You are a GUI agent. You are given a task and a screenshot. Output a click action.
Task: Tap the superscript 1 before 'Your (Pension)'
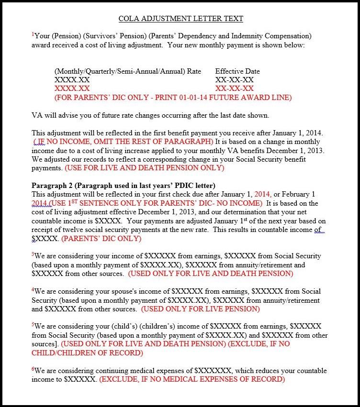(x=33, y=35)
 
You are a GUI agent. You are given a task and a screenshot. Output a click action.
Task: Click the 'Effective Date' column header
(x=237, y=71)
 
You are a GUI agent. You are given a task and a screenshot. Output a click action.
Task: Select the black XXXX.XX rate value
(x=72, y=80)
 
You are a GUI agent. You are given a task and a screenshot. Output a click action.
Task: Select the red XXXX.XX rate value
(x=72, y=88)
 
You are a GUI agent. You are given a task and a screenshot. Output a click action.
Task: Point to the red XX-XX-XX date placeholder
(x=235, y=88)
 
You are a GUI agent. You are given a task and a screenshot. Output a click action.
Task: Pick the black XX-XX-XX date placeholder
(x=235, y=80)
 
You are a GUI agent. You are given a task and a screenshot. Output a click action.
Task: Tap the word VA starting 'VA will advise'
(x=37, y=115)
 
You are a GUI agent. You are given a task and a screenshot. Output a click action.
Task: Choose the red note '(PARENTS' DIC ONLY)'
(x=95, y=239)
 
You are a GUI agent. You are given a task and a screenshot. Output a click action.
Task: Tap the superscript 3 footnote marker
(x=33, y=254)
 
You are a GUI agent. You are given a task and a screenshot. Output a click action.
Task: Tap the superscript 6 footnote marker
(x=33, y=369)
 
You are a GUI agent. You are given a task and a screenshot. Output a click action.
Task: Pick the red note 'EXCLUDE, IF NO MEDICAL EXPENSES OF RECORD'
(x=192, y=379)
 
